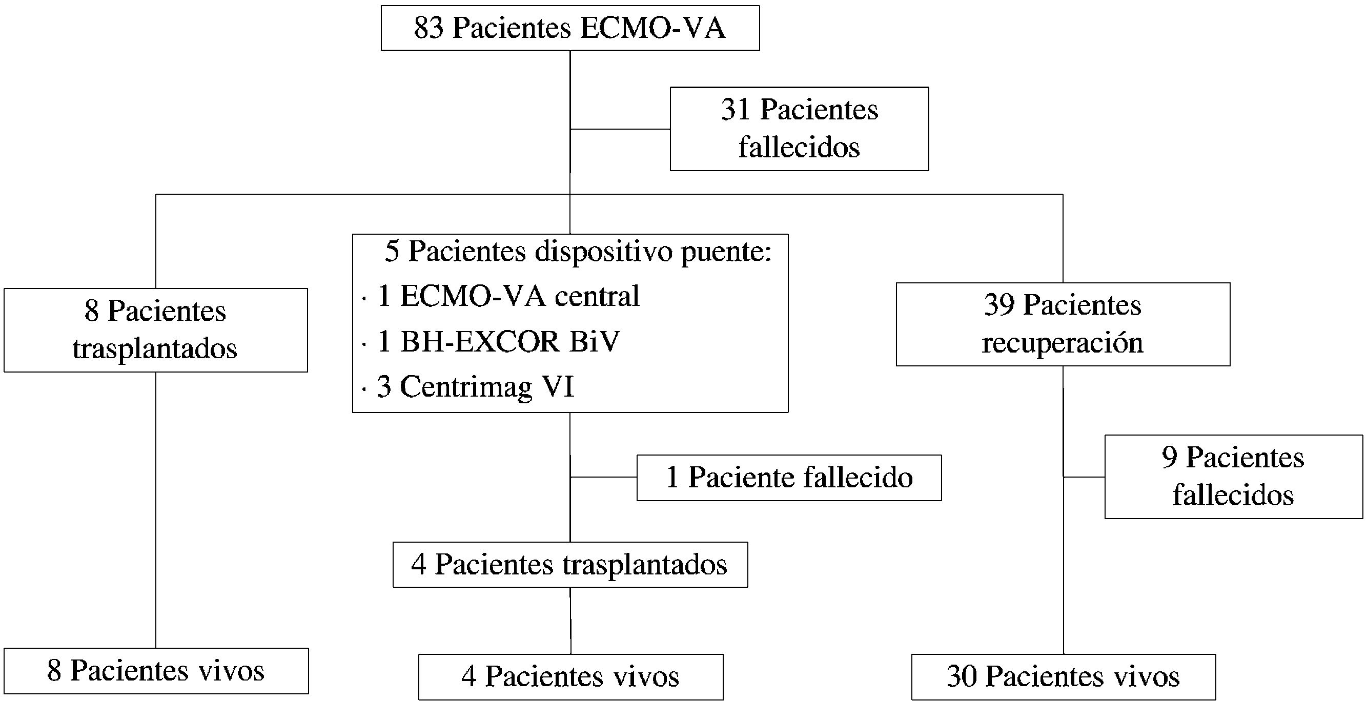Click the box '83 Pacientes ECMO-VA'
pos(570,28)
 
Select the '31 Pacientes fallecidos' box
pos(799,129)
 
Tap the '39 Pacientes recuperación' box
pos(1063,324)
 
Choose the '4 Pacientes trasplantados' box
pos(570,564)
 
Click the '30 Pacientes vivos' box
pos(1063,676)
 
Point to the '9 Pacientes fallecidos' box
pos(1233,476)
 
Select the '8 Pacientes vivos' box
pos(155,670)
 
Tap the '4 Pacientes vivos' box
pos(570,676)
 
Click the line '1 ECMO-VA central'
pos(508,296)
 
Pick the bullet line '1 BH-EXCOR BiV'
pos(498,341)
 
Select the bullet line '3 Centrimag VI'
pos(476,386)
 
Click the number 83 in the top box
pos(429,28)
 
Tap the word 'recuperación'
pos(1063,343)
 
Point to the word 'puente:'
pos(726,251)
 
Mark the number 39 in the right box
pos(998,305)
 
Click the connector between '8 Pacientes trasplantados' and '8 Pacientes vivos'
pos(155,509)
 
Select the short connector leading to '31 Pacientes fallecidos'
pos(620,129)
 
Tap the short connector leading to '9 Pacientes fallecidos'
pos(1084,477)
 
